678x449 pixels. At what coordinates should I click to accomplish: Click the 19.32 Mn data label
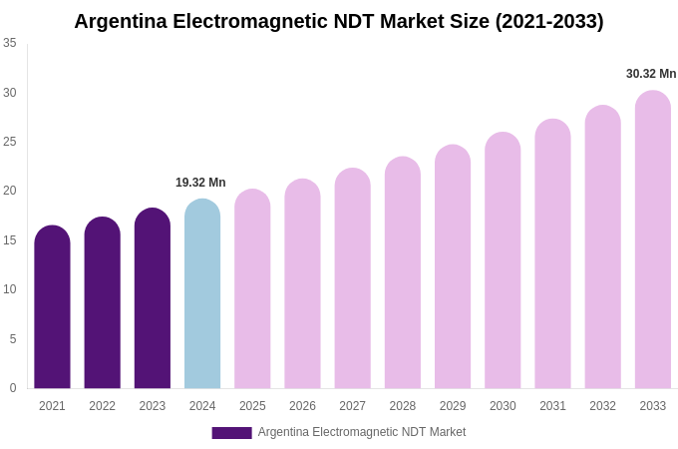coord(200,183)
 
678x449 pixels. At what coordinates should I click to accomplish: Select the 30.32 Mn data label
coord(651,74)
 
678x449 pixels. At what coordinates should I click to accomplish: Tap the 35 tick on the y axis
coord(10,43)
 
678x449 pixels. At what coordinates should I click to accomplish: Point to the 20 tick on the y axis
coord(10,191)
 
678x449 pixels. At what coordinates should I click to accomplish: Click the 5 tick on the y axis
coord(13,339)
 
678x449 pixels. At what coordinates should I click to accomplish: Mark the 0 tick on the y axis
coord(13,388)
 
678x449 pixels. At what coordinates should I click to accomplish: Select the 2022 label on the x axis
coord(102,406)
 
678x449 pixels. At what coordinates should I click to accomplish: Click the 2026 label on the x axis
coord(302,406)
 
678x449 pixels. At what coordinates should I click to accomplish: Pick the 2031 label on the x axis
coord(552,406)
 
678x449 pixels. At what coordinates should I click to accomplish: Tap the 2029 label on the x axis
coord(453,406)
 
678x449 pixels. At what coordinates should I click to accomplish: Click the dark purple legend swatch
coord(231,433)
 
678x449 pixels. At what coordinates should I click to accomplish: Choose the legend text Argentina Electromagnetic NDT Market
coord(362,432)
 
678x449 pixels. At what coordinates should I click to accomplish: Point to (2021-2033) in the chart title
coord(549,21)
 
